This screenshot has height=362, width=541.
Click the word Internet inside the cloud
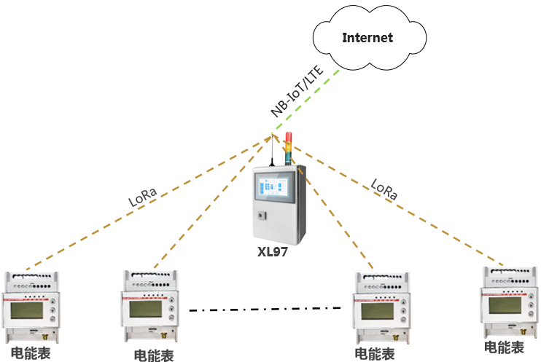point(368,38)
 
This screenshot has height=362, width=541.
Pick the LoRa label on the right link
point(384,189)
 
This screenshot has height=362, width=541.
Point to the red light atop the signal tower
point(289,137)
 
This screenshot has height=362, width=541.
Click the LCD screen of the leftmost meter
point(28,312)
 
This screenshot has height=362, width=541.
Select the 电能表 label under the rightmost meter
point(504,347)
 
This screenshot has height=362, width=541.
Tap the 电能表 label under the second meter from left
point(154,355)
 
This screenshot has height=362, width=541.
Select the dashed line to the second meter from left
point(211,203)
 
